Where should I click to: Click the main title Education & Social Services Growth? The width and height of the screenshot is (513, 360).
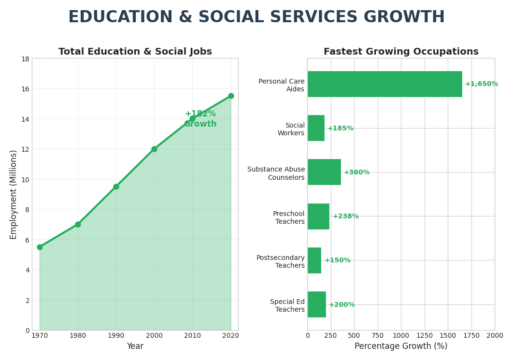pos(256,17)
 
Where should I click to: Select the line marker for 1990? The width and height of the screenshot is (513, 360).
pos(116,187)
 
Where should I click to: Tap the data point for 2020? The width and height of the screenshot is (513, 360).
pos(231,96)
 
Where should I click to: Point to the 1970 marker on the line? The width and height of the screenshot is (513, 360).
pos(40,247)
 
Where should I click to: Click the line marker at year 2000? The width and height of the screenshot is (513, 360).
pos(154,149)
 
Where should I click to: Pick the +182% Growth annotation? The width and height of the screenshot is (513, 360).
pos(200,119)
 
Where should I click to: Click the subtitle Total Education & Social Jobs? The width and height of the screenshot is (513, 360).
pos(135,52)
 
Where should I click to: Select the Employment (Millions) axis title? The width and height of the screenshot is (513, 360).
pos(14,194)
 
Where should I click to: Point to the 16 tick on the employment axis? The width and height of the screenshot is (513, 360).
pos(25,89)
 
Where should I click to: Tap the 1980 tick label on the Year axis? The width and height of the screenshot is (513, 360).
pos(78,335)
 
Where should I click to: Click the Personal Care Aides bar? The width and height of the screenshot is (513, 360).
pos(385,84)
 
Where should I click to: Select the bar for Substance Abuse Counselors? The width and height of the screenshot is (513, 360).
pos(324,172)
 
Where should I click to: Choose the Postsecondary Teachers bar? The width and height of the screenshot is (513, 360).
pos(314,260)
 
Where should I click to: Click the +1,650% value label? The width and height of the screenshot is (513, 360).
pos(481,84)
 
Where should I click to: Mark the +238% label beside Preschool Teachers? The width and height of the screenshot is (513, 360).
pos(345,216)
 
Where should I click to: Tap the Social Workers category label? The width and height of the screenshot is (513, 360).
pos(291,129)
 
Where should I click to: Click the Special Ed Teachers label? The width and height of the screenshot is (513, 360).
pos(287,305)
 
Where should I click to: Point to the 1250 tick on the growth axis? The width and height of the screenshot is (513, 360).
pos(424,335)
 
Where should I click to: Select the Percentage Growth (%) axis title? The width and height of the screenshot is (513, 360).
pos(401,346)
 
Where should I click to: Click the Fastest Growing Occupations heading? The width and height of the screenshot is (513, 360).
pos(401,52)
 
